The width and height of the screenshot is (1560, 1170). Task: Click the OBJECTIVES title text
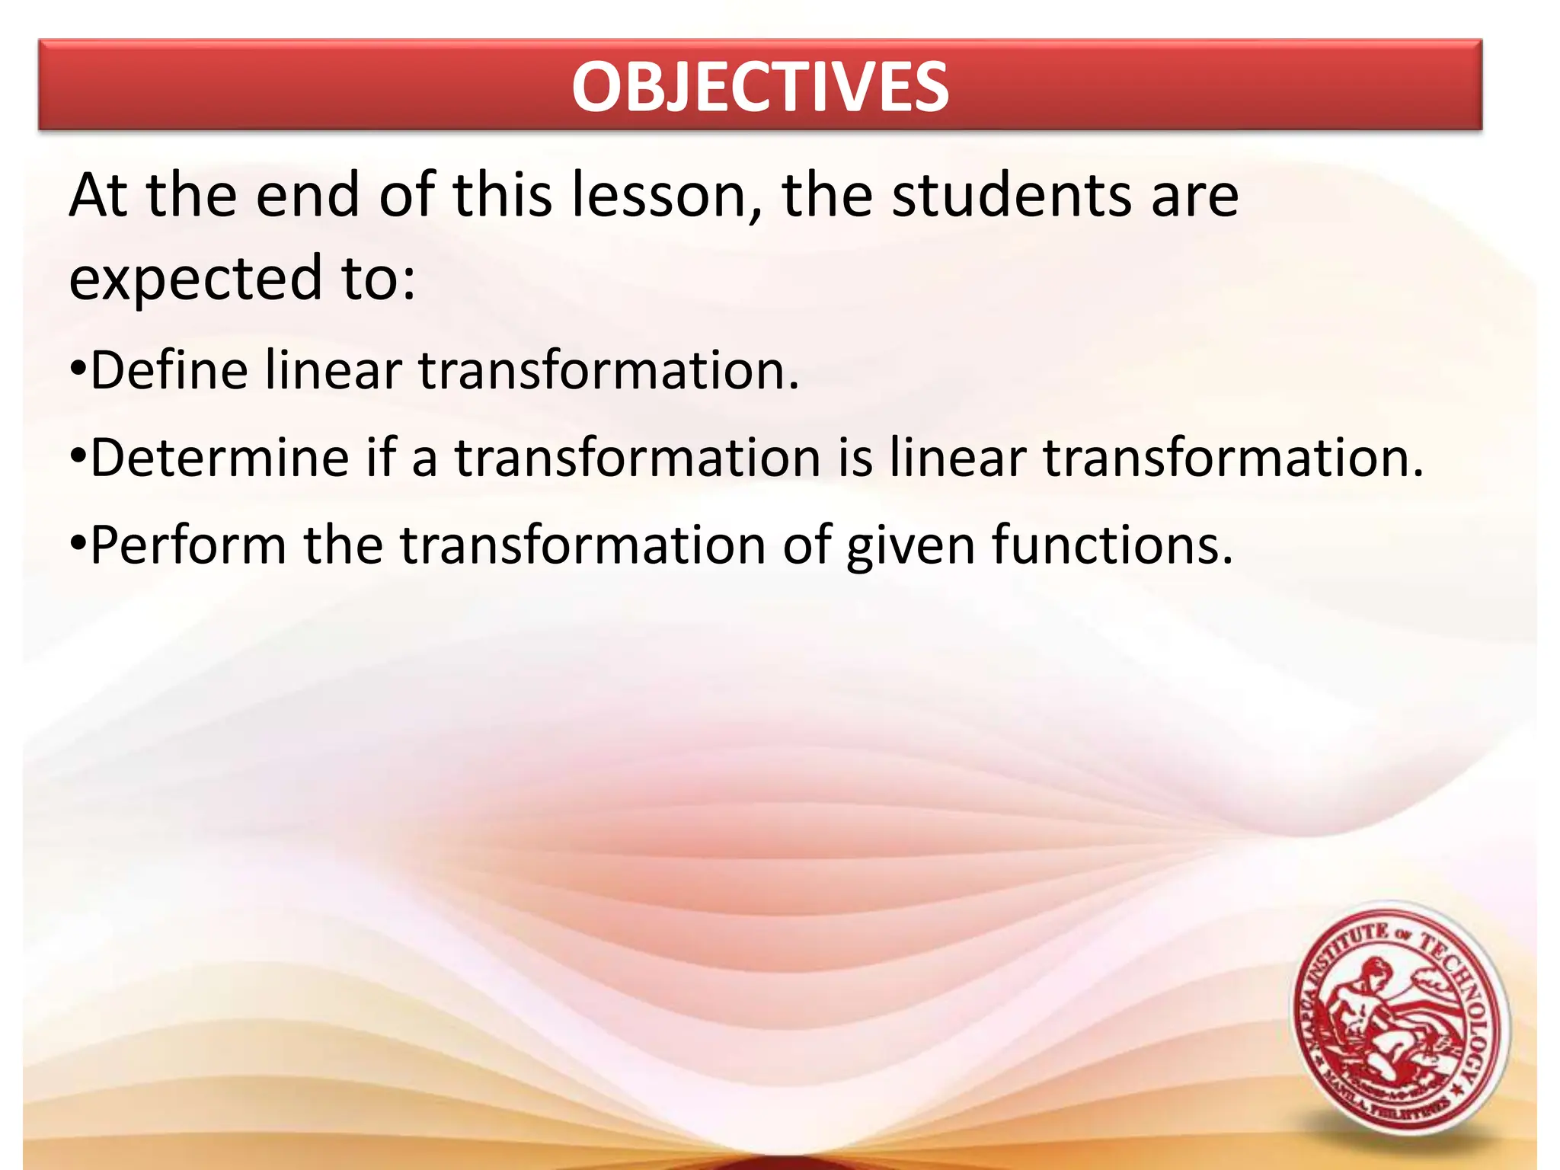tap(760, 87)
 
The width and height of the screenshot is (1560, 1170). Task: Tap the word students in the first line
tap(1012, 197)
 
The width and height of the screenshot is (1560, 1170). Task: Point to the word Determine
tap(219, 459)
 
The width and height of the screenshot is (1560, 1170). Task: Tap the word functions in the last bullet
tap(1111, 545)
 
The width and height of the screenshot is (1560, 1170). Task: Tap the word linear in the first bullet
tap(334, 370)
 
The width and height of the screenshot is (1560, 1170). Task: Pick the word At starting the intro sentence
tap(98, 197)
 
